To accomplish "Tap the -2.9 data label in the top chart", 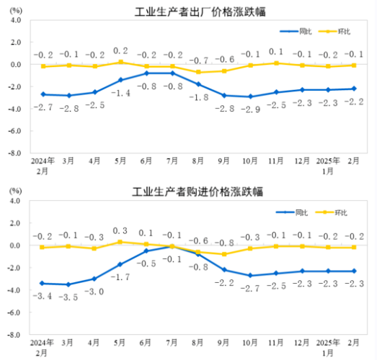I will [250, 108].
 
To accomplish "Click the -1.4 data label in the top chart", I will [120, 94].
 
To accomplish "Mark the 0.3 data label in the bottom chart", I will [120, 230].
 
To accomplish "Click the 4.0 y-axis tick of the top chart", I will [15, 20].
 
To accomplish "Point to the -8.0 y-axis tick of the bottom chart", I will [14, 335].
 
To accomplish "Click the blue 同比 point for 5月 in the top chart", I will [120, 80].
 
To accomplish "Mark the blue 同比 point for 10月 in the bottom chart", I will [250, 275].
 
